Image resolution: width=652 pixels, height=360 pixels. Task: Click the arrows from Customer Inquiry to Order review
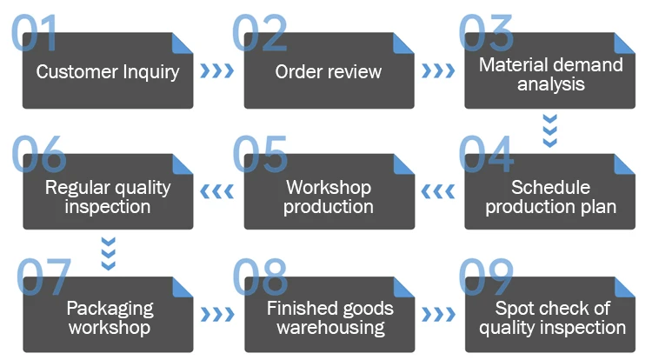(x=217, y=70)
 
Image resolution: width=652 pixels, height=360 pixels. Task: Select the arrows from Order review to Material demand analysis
(x=438, y=70)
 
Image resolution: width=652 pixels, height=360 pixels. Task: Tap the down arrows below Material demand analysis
(x=549, y=130)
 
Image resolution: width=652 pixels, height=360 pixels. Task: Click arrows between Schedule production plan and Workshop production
(x=438, y=191)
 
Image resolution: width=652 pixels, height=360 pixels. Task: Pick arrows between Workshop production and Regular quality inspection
(x=217, y=191)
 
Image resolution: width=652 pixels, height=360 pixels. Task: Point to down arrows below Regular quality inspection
(x=108, y=253)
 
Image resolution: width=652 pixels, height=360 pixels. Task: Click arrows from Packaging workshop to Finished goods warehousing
(x=217, y=314)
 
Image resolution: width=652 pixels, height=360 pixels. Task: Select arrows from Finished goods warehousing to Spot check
(x=438, y=314)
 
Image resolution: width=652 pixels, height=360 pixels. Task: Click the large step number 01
(x=35, y=33)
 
